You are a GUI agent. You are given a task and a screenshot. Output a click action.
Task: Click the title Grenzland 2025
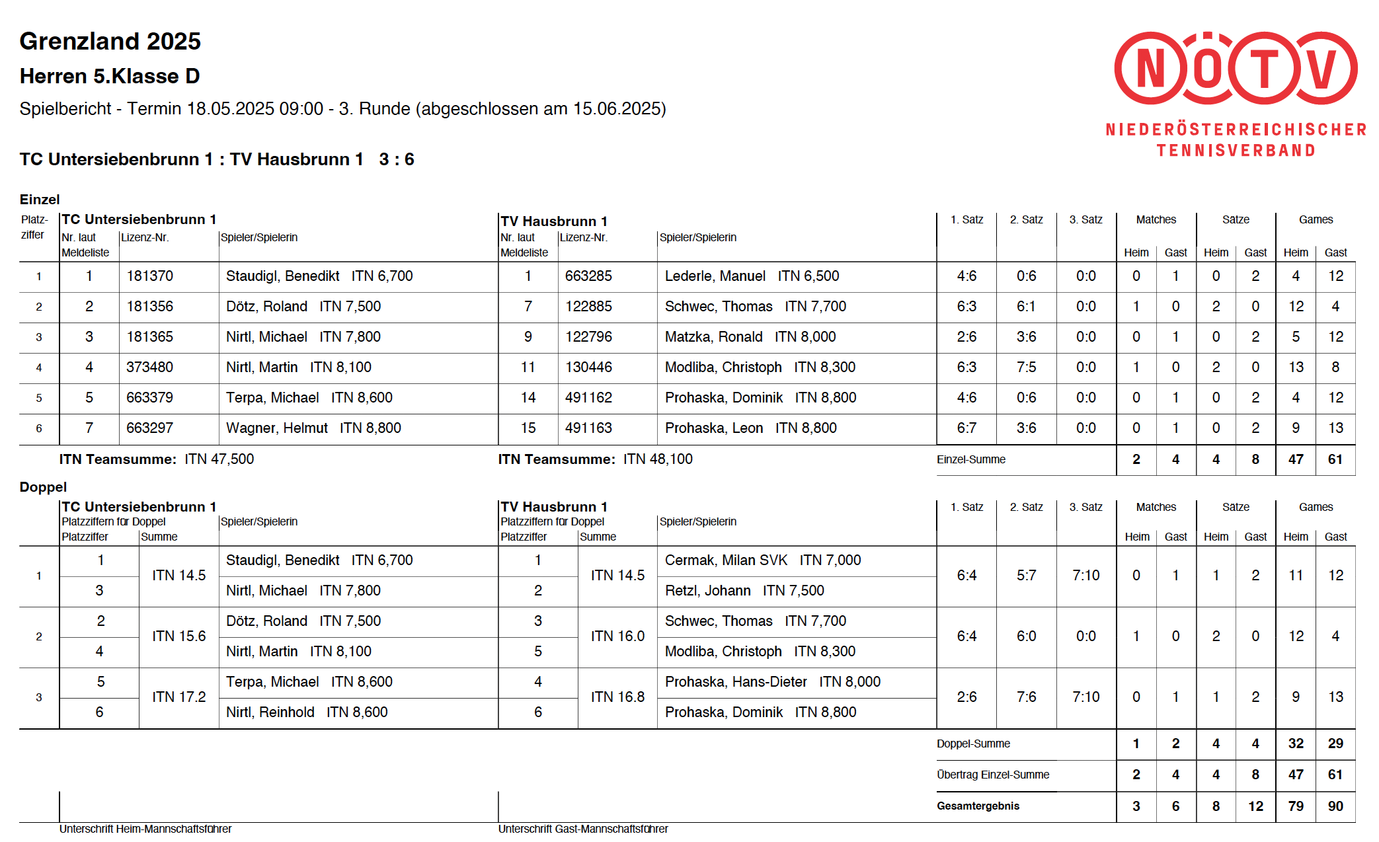coord(110,42)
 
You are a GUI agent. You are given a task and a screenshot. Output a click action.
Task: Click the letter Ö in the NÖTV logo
coord(1208,68)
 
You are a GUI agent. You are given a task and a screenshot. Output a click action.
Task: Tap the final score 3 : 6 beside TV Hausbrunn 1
coord(397,159)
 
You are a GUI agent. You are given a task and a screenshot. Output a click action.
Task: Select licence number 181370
coord(150,276)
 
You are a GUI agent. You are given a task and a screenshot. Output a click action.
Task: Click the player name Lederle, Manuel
coord(715,276)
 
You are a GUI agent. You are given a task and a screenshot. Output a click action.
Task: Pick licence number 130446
coord(588,367)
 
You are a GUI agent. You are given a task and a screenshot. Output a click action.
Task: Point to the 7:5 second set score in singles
coord(1026,367)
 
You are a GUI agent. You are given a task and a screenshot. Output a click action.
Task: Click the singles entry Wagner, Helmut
coord(276,428)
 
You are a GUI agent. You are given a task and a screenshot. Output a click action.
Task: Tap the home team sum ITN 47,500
coord(219,459)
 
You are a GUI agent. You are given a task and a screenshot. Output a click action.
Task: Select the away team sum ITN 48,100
coord(658,459)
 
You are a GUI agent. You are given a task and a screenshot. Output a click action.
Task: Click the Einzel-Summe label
coord(970,460)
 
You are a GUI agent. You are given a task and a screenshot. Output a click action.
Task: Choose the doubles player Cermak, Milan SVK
coord(726,560)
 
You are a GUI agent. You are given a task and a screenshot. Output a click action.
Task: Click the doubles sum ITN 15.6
coord(178,636)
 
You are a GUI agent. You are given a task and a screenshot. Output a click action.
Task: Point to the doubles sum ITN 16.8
coord(617,697)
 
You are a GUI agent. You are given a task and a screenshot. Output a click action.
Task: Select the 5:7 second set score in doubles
coord(1026,576)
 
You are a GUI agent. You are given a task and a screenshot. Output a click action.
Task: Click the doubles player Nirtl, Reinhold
coord(270,712)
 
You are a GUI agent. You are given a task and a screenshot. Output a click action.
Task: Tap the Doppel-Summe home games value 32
coord(1295,744)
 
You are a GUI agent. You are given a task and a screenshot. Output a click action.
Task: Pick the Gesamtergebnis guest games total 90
coord(1335,806)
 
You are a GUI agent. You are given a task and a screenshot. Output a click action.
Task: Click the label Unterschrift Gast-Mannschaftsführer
coord(582,829)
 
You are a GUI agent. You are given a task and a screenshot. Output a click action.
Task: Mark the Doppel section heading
coord(43,487)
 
